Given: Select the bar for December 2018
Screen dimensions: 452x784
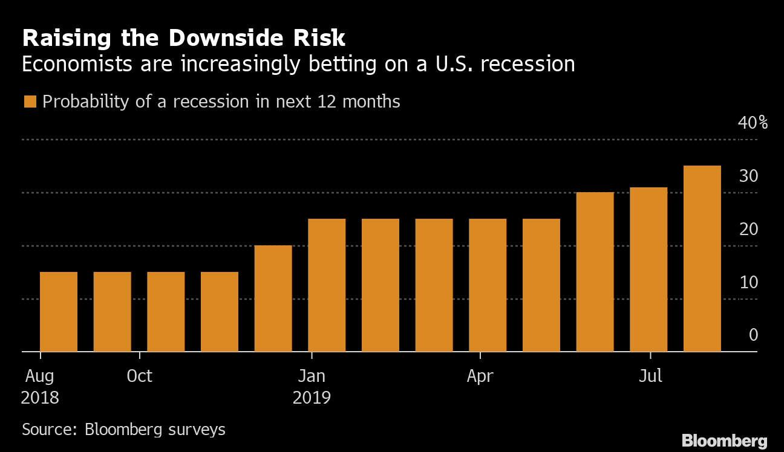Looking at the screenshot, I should pyautogui.click(x=273, y=299).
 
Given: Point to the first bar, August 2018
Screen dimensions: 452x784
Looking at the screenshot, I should pyautogui.click(x=59, y=312).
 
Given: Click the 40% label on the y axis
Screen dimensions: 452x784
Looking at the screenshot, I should pyautogui.click(x=753, y=123).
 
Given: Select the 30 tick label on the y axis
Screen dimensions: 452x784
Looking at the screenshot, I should pyautogui.click(x=749, y=176).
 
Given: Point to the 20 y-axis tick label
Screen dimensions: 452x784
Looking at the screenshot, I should pyautogui.click(x=749, y=230).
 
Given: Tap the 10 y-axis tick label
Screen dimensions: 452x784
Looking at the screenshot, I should pyautogui.click(x=749, y=283).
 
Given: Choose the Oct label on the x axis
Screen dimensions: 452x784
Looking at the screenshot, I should pyautogui.click(x=140, y=376).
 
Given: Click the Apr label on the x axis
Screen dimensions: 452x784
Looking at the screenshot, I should pyautogui.click(x=480, y=376).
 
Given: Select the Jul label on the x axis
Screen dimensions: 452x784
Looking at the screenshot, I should pyautogui.click(x=651, y=376).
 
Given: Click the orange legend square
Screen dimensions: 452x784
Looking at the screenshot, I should pyautogui.click(x=30, y=102).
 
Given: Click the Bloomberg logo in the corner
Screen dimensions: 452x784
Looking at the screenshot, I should pyautogui.click(x=724, y=441).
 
